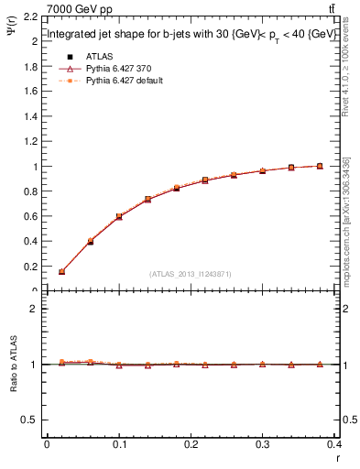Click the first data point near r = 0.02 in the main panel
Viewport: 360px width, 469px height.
pos(61,272)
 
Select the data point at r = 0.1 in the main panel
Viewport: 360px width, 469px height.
pos(119,217)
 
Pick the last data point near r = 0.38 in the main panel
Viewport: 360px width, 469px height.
pos(320,166)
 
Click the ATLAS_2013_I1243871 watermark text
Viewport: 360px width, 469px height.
pos(191,274)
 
